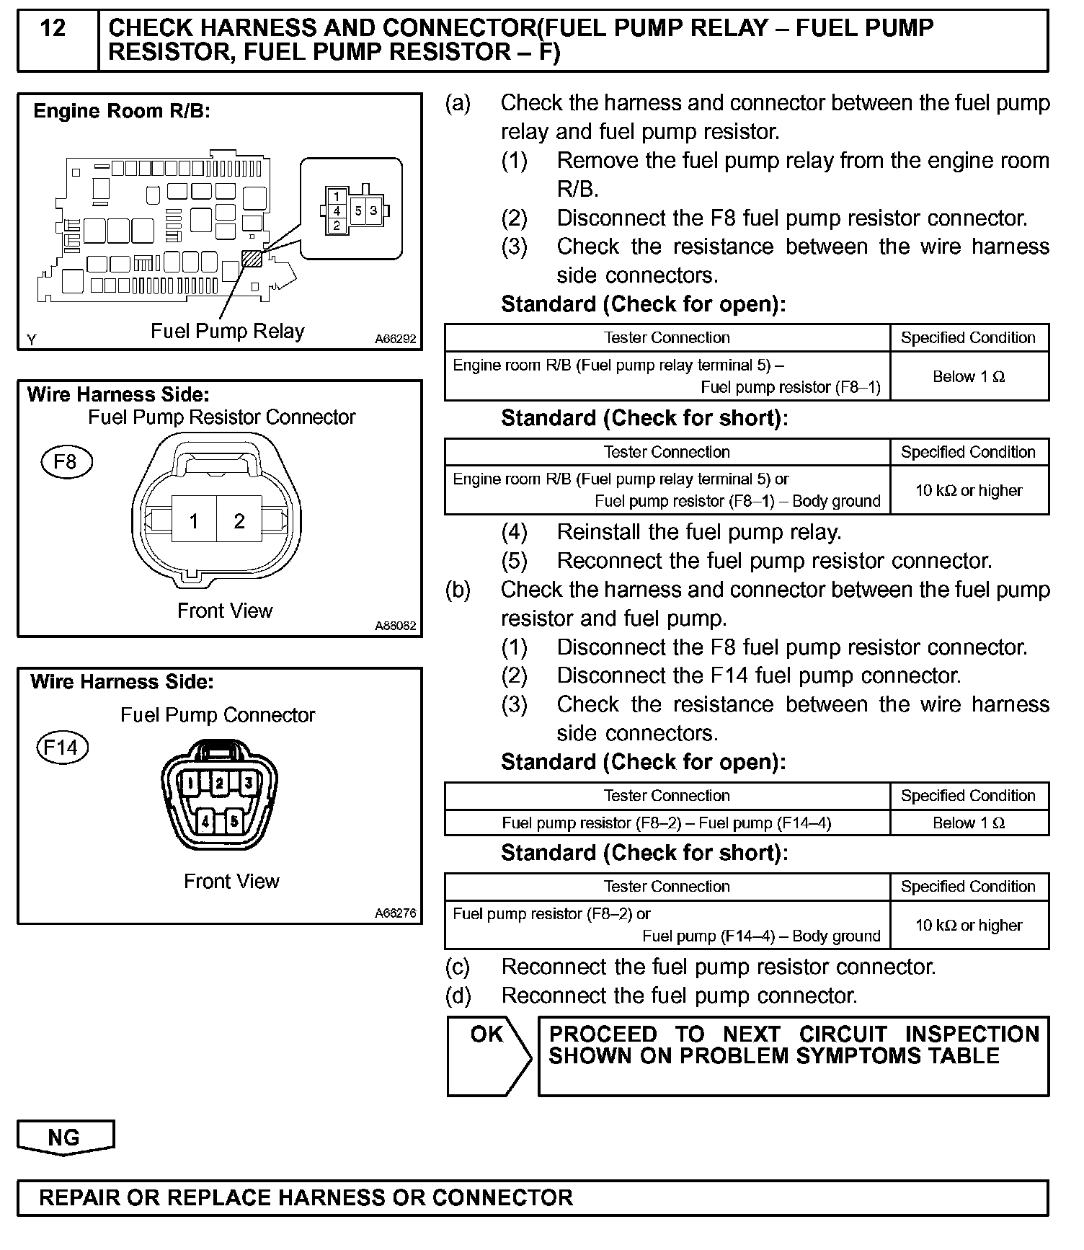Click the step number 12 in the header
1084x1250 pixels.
53,29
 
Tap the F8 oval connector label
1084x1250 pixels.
66,461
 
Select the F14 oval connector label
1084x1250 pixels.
61,747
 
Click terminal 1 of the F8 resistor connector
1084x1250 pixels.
194,521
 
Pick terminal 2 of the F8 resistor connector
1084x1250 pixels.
239,521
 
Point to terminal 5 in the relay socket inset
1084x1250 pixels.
358,210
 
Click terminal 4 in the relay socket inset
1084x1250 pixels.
337,211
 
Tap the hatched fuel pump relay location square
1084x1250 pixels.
252,258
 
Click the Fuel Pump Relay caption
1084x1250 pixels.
227,331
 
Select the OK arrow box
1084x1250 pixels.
487,1055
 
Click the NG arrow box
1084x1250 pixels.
64,1137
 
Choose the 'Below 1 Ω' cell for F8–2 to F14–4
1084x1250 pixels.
969,823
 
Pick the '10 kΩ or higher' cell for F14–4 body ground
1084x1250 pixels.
969,925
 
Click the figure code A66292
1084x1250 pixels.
395,339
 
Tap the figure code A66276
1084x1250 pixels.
395,913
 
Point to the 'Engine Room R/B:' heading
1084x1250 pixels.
122,111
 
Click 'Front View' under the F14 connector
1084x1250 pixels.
231,881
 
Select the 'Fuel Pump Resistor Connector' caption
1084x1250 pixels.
222,417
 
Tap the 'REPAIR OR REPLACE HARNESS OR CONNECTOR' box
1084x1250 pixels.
532,1197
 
